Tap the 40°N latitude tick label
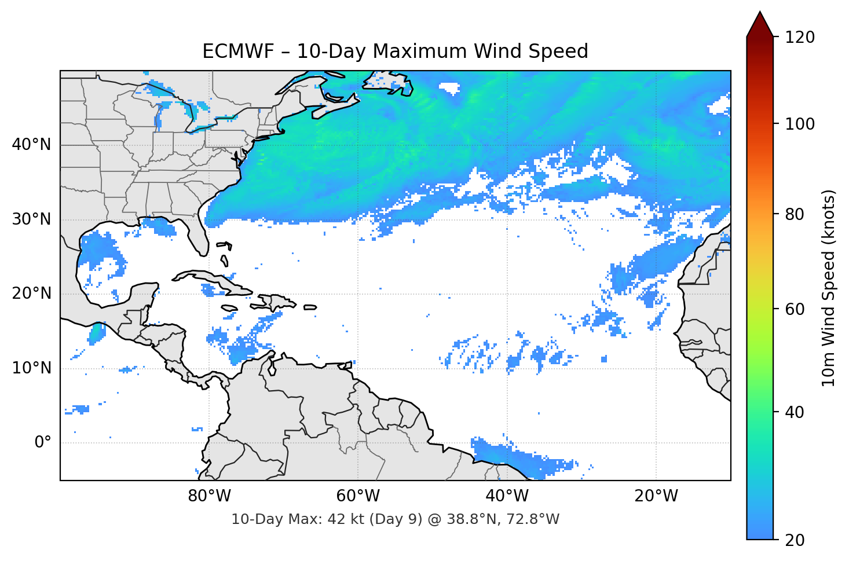(x=31, y=145)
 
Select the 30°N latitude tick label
(x=31, y=219)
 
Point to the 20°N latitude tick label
(x=31, y=294)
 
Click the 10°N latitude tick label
(x=31, y=368)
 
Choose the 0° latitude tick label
(x=43, y=443)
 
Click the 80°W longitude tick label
(x=209, y=496)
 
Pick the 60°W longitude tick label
(x=358, y=496)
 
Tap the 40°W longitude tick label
(x=507, y=496)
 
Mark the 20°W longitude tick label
(x=656, y=496)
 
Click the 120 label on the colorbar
(x=800, y=38)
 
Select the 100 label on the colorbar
(x=800, y=124)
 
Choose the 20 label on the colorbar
(x=795, y=540)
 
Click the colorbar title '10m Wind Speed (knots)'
(x=829, y=288)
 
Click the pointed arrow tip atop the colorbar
(x=760, y=13)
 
